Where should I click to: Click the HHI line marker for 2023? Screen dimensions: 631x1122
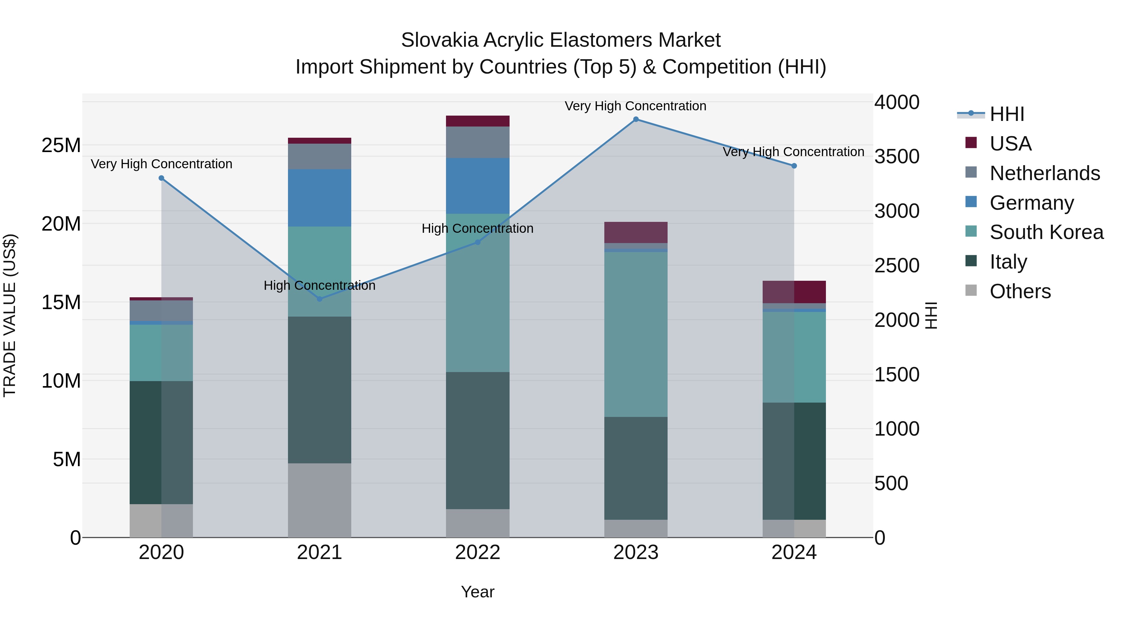point(635,119)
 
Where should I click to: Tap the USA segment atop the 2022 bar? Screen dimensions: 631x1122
point(477,121)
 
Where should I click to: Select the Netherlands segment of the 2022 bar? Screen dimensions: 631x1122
point(477,142)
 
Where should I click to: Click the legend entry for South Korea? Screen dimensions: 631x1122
point(1046,232)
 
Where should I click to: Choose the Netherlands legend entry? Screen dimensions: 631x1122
point(1044,173)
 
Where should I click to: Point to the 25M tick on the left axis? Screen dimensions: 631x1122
point(61,146)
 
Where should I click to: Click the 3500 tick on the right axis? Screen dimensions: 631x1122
point(897,157)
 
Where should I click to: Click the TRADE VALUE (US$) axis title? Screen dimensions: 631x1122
point(10,315)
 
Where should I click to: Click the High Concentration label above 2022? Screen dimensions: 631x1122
point(477,229)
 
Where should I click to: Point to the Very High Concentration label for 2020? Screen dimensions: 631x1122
point(161,164)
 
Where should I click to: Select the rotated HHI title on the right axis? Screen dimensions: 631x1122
point(931,315)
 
